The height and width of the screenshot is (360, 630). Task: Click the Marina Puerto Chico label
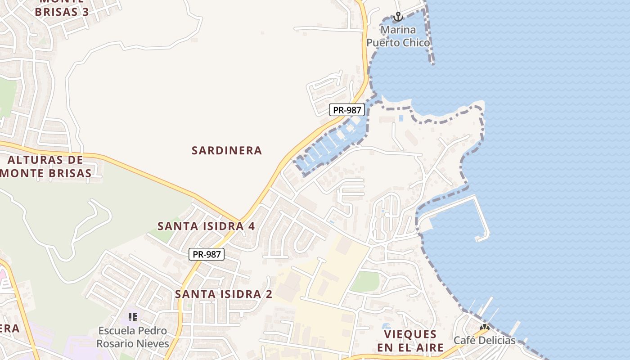click(398, 36)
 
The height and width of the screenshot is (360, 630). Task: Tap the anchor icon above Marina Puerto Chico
click(398, 17)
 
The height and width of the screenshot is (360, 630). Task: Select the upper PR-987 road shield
click(346, 110)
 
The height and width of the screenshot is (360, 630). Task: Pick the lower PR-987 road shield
click(206, 254)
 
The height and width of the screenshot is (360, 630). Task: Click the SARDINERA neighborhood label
click(227, 151)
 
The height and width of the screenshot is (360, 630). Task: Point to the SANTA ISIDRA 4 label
click(206, 226)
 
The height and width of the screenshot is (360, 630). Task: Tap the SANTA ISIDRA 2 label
click(224, 294)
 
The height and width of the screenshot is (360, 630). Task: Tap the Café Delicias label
click(484, 340)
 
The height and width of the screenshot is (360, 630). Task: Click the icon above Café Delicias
click(485, 328)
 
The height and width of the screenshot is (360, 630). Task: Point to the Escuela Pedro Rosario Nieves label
click(133, 337)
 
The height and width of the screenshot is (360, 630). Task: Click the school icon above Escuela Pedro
click(133, 317)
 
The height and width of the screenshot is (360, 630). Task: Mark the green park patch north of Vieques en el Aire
click(365, 282)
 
